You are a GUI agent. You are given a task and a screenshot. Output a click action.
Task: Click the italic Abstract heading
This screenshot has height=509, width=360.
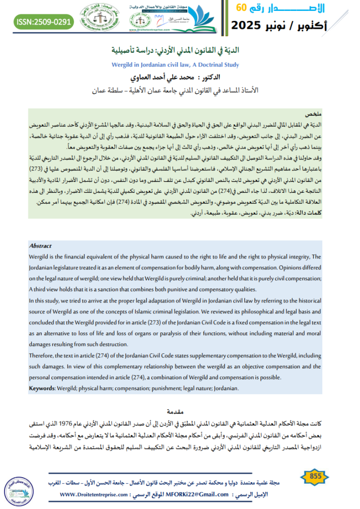40,246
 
